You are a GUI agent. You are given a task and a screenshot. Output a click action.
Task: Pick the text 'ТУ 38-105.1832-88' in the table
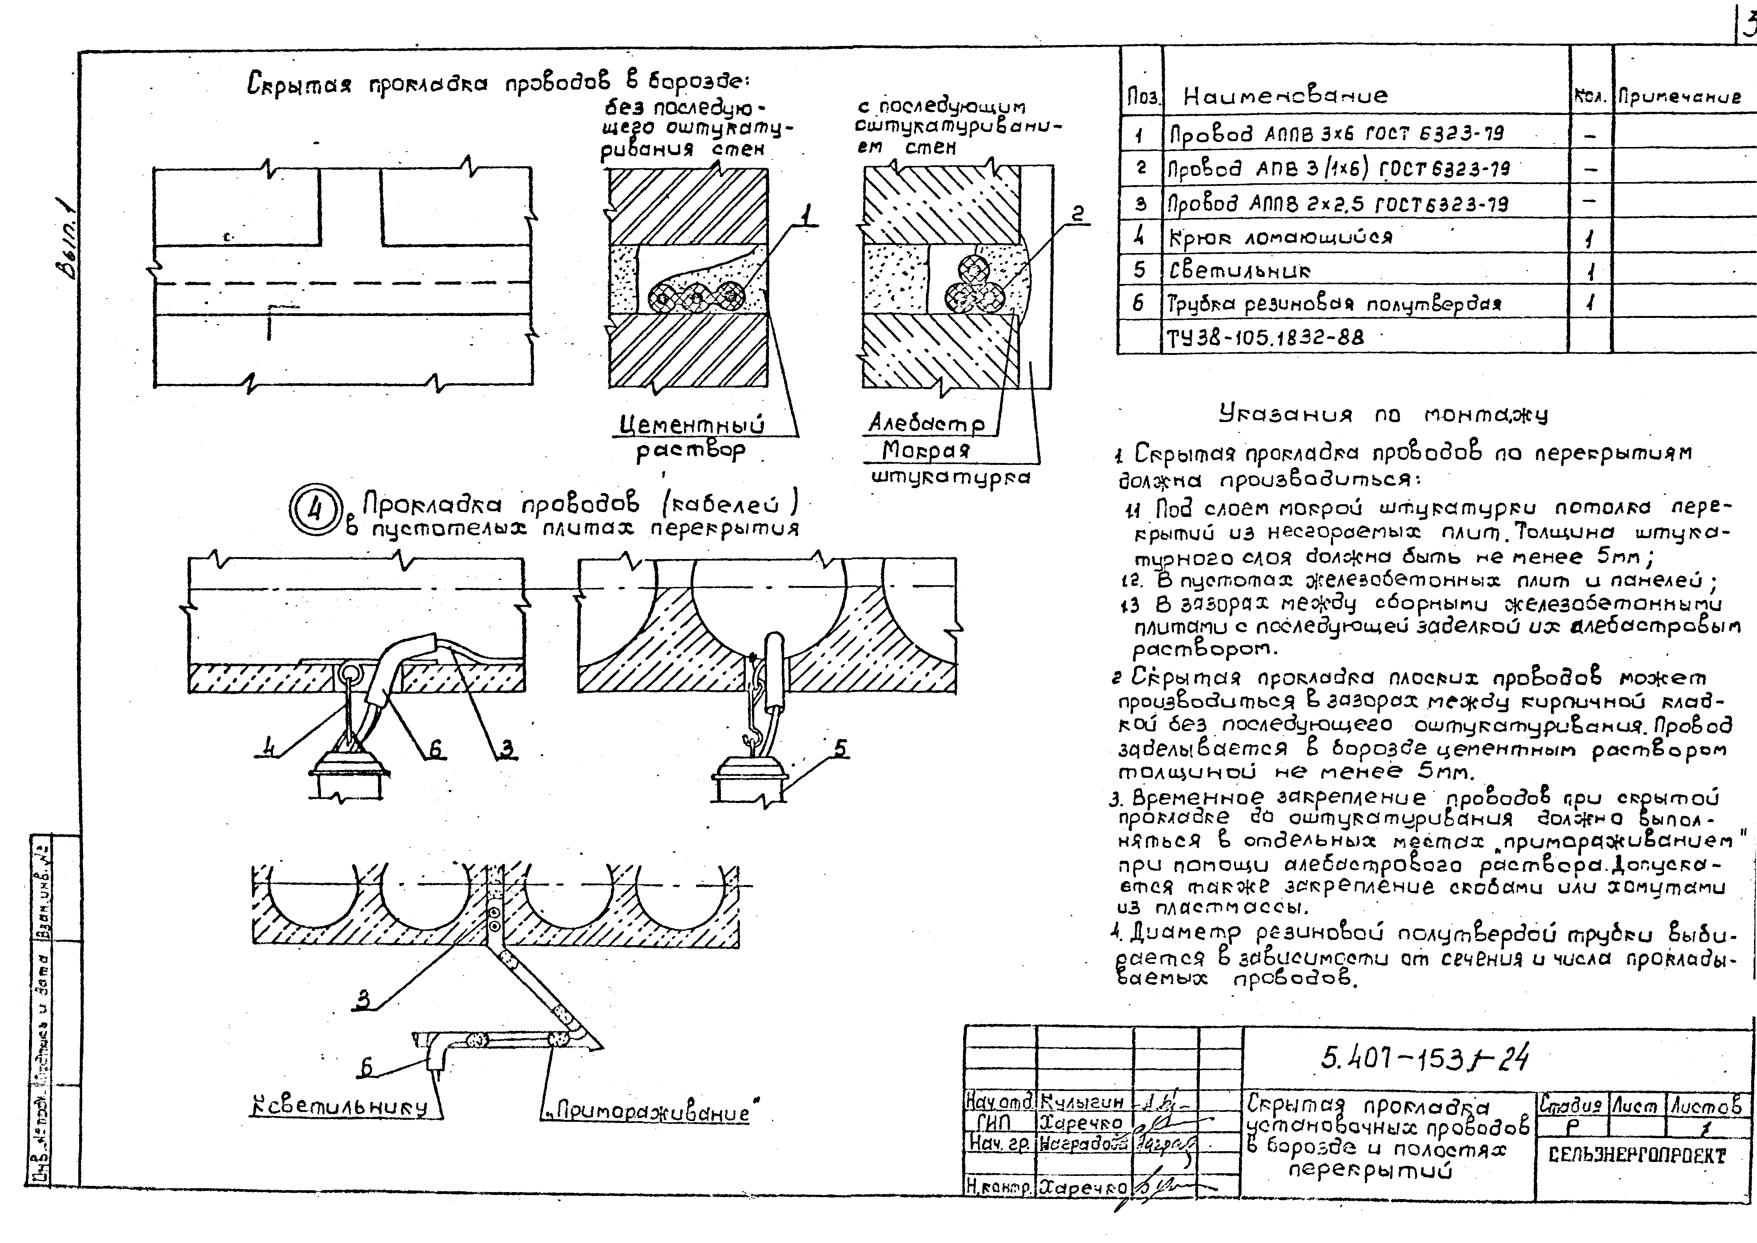(1264, 337)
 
